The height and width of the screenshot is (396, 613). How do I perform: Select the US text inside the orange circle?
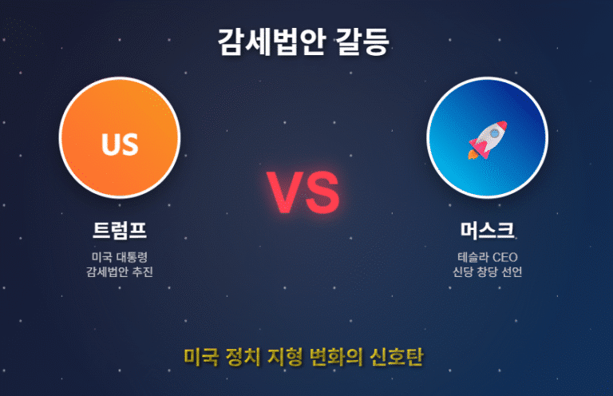point(120,145)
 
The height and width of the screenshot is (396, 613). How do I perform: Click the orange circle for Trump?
point(120,112)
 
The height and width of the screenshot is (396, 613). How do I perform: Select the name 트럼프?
point(120,231)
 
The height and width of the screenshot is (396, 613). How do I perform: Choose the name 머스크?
point(487,231)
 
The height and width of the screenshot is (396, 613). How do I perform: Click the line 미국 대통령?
point(120,257)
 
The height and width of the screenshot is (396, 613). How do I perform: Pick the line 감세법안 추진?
point(120,272)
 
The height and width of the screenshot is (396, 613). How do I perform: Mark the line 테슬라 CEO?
point(487,257)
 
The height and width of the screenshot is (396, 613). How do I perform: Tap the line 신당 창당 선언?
point(487,272)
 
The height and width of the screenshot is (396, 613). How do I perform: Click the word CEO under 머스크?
point(505,257)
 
